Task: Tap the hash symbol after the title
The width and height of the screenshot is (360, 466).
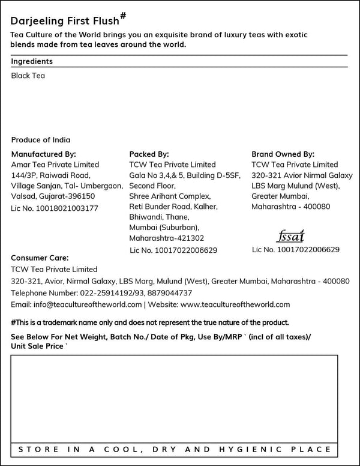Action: pos(123,15)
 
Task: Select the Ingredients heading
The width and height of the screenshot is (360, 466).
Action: pos(32,61)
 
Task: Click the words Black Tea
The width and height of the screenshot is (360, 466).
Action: pos(28,76)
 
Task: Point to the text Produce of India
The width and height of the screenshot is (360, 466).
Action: pos(40,139)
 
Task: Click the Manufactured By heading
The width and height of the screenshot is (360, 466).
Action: pos(44,154)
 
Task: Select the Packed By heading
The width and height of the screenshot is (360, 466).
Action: pos(149,154)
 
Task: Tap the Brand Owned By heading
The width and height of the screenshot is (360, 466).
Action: pos(283,154)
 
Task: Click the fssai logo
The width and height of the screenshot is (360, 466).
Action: pos(292,235)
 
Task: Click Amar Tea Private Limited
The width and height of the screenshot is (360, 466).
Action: pos(55,165)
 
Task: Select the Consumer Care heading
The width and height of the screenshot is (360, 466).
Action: pos(40,258)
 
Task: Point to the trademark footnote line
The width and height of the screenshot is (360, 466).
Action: pos(150,322)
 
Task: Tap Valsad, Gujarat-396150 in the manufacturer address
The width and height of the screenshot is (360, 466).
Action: pos(53,196)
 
